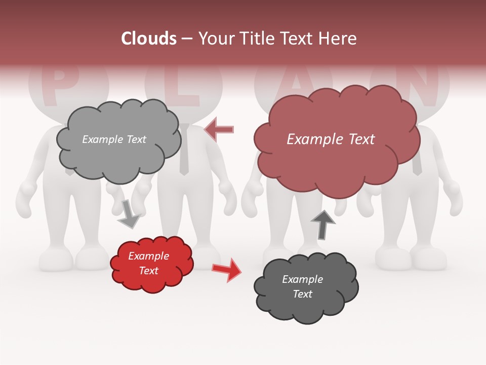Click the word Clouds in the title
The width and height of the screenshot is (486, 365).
pos(149,39)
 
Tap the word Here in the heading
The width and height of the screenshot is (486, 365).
pos(338,39)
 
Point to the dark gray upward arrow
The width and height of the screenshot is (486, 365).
pos(322,225)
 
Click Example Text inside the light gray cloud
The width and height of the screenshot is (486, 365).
pos(114,139)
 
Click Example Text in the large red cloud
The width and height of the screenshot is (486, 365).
pos(331,139)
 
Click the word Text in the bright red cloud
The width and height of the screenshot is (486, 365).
pos(149,271)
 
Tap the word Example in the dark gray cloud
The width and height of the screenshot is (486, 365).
pos(302,279)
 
